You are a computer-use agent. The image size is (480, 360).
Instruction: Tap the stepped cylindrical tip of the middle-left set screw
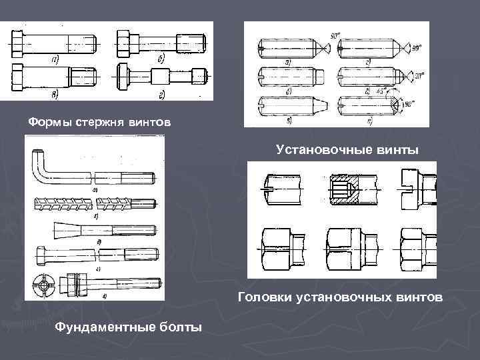point(319,73)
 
